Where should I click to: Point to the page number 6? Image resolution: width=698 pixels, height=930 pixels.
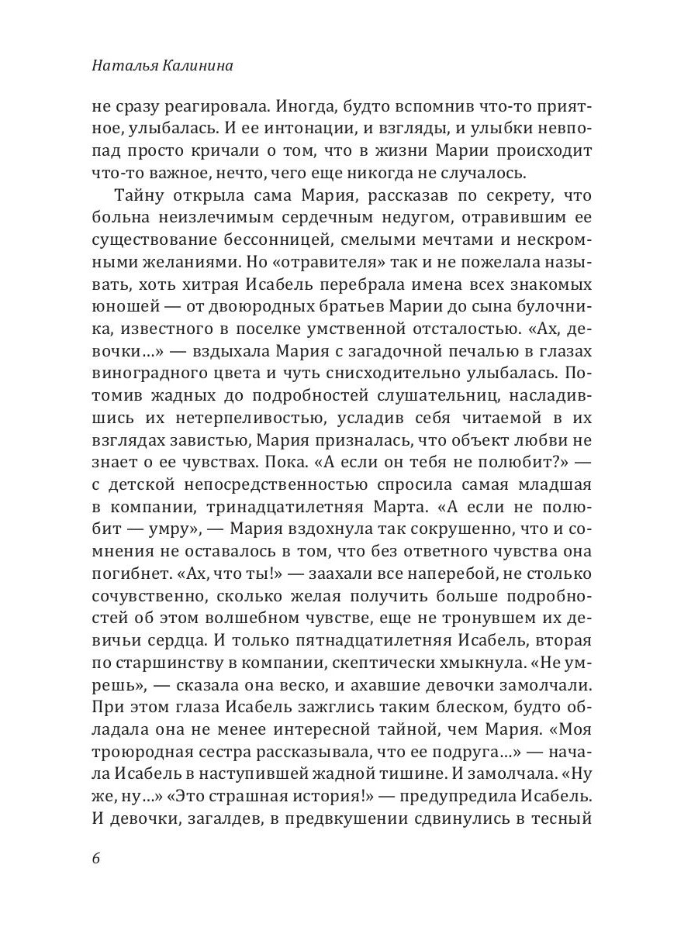96,859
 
